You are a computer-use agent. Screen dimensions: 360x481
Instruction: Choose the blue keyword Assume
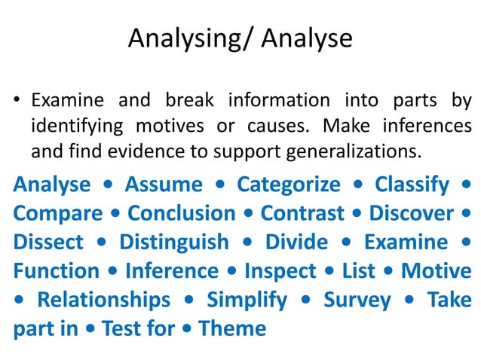pyautogui.click(x=164, y=185)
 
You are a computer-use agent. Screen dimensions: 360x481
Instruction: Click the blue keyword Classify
pyautogui.click(x=412, y=185)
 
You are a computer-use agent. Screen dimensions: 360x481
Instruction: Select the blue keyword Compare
pyautogui.click(x=58, y=213)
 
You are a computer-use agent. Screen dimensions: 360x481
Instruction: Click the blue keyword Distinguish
pyautogui.click(x=173, y=242)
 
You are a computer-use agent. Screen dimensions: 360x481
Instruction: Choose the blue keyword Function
pyautogui.click(x=57, y=270)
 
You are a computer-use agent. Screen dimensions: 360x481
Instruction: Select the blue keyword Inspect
pyautogui.click(x=281, y=270)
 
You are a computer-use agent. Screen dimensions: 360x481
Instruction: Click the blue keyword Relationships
pyautogui.click(x=104, y=300)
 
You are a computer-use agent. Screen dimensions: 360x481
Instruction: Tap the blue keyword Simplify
pyautogui.click(x=247, y=300)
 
